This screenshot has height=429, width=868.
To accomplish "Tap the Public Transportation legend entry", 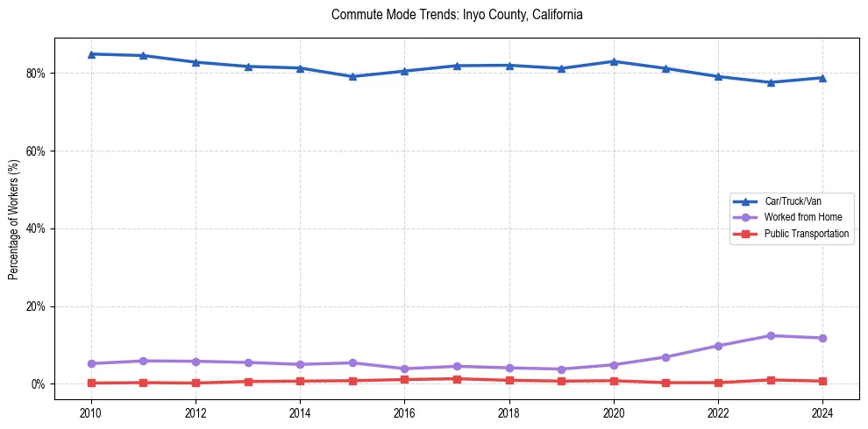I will pos(806,234).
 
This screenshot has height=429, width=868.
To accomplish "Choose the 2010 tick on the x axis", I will pos(90,411).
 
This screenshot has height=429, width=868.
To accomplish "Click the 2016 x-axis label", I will pos(404,411).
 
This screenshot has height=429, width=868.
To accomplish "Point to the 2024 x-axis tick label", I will pos(822,411).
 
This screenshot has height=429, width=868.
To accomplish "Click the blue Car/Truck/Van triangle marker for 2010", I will pos(90,54).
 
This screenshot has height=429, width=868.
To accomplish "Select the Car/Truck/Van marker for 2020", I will pos(614,61).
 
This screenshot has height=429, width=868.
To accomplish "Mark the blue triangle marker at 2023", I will pos(771,82).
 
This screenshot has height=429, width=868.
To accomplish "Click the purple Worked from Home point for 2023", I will pos(771,335).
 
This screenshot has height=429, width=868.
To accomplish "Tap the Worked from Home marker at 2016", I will pos(404,369).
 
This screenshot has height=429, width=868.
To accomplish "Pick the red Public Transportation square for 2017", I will pos(457,379).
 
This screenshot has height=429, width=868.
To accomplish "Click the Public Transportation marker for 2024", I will pos(822,381).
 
